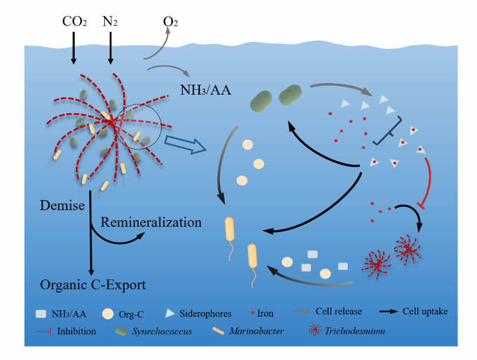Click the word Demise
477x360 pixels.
pyautogui.click(x=62, y=205)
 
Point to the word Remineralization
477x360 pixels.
pyautogui.click(x=151, y=222)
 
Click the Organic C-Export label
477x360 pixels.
pyautogui.click(x=93, y=285)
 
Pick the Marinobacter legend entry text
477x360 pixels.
pyautogui.click(x=256, y=331)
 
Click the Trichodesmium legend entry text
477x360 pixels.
pyautogui.click(x=356, y=331)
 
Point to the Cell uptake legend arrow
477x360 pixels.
pyautogui.click(x=388, y=312)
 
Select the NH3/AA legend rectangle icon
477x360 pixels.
pyautogui.click(x=42, y=313)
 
